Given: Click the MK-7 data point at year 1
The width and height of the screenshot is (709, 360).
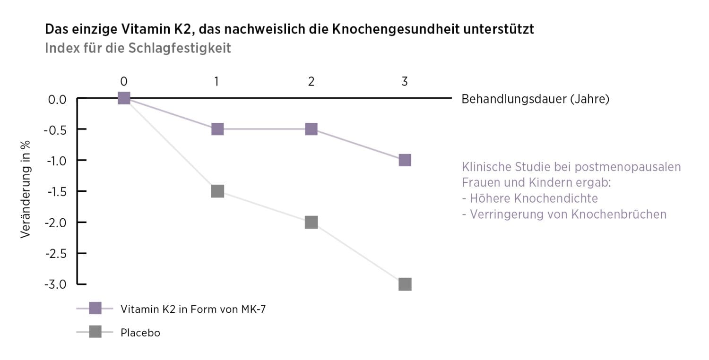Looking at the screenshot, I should tap(217, 129).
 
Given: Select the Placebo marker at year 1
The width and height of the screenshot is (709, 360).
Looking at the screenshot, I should tap(217, 191).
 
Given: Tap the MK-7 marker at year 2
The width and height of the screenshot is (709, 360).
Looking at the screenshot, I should tap(311, 129).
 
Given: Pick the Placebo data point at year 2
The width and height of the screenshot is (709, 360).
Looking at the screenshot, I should tap(311, 222).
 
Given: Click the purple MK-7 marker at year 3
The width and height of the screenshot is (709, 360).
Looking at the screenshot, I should tap(405, 160).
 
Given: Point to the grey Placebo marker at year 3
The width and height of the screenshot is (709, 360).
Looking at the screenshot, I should tap(405, 284).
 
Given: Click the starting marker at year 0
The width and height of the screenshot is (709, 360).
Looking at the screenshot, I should tap(123, 98).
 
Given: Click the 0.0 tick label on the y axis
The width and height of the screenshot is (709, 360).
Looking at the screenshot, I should tap(57, 99).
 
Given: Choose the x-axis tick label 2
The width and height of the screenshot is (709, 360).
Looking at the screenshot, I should tap(311, 81).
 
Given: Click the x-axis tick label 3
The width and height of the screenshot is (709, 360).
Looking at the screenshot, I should tap(405, 81).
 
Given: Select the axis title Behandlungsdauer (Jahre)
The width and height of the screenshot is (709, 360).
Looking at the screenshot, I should tap(535, 99).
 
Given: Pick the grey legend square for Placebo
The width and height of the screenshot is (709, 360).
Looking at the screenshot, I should tap(95, 333).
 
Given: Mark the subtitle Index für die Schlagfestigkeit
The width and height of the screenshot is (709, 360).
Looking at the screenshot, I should tap(138, 48).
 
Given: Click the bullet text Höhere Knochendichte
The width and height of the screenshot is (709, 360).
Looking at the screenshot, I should tap(533, 198).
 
